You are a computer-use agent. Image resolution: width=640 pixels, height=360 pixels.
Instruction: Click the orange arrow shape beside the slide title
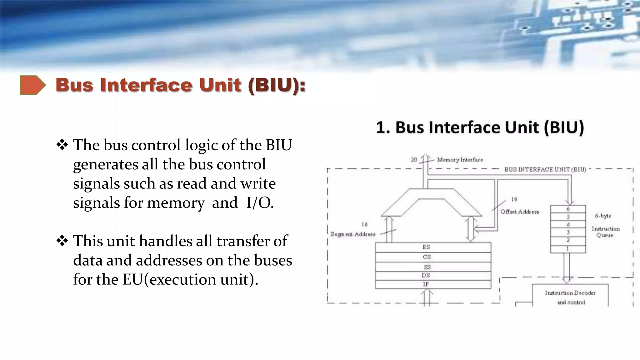pyautogui.click(x=32, y=85)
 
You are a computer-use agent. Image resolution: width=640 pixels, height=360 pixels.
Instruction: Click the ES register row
pyautogui.click(x=433, y=247)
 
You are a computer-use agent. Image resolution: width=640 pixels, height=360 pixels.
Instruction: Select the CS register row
pyautogui.click(x=433, y=257)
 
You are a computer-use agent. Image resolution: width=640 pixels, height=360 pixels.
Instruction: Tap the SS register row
pyautogui.click(x=433, y=267)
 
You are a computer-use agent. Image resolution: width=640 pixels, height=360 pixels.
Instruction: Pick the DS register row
pyautogui.click(x=433, y=275)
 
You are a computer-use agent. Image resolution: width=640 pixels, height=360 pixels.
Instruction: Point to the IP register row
pyautogui.click(x=433, y=284)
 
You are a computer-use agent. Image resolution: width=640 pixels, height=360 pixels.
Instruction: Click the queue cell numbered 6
pyautogui.click(x=568, y=209)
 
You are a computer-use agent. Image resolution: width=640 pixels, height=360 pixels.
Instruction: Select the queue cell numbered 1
pyautogui.click(x=568, y=249)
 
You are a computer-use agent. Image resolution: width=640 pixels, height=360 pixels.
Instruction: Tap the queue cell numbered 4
pyautogui.click(x=568, y=225)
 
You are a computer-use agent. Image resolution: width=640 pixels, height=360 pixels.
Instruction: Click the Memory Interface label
pyautogui.click(x=460, y=160)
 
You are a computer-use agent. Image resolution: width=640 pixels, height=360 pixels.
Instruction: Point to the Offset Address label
pyautogui.click(x=519, y=212)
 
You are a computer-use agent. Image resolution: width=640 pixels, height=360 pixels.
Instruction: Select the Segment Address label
pyautogui.click(x=353, y=234)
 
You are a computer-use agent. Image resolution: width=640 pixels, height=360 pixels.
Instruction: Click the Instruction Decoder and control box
pyautogui.click(x=570, y=297)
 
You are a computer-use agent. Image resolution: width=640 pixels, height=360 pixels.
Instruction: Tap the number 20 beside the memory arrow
pyautogui.click(x=414, y=160)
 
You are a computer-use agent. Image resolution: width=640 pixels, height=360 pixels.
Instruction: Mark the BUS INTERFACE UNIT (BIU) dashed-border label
pyautogui.click(x=545, y=169)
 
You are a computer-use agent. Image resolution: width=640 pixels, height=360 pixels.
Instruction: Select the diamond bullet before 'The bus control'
pyautogui.click(x=62, y=145)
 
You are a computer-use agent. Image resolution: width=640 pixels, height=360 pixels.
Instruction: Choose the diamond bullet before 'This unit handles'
pyautogui.click(x=62, y=241)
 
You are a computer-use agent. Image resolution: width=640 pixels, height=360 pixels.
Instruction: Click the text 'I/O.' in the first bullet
pyautogui.click(x=260, y=203)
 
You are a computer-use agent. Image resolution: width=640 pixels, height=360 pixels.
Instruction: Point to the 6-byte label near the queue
pyautogui.click(x=603, y=216)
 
